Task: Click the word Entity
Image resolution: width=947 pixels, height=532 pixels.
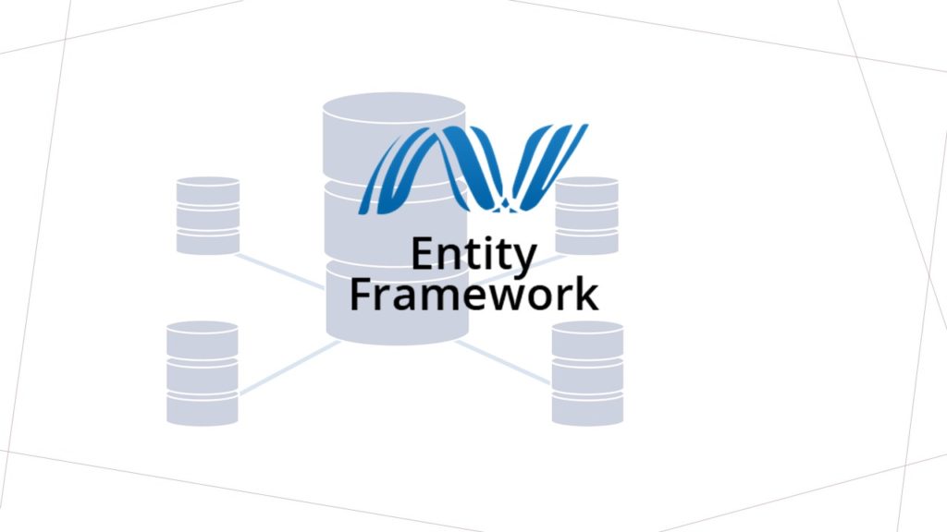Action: click(473, 256)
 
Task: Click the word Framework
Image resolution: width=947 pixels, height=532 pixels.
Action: click(474, 295)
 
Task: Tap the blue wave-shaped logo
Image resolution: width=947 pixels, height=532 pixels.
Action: click(473, 169)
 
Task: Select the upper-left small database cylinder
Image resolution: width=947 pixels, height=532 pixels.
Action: click(208, 215)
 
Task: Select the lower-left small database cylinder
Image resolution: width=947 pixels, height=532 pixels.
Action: click(203, 373)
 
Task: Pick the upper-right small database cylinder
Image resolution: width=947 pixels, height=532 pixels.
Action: click(586, 215)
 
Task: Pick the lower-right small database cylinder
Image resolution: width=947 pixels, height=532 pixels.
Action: click(587, 373)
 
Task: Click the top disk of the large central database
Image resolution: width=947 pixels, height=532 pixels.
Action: click(394, 136)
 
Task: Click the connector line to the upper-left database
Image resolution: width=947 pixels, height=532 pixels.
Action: click(280, 272)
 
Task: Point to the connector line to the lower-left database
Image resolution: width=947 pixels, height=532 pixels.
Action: click(289, 368)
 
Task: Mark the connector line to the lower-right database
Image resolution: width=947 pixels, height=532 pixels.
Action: click(503, 362)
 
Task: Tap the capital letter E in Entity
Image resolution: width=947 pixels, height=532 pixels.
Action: click(424, 254)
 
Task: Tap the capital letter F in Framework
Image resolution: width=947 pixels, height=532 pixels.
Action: click(361, 295)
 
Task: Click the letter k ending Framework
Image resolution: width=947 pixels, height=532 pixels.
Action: click(587, 294)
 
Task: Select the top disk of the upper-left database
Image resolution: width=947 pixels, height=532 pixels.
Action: click(208, 190)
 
